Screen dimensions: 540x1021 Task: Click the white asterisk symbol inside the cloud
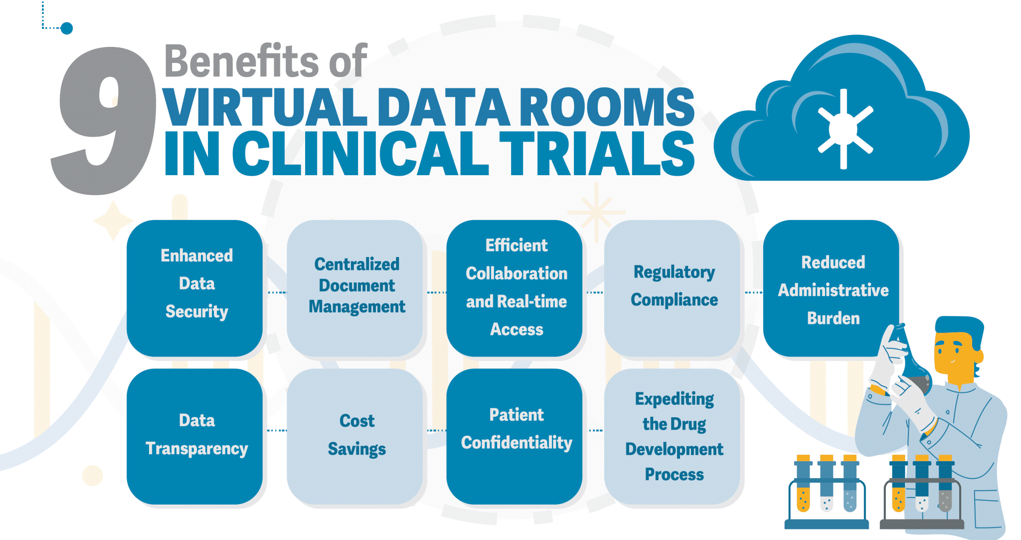coord(844,129)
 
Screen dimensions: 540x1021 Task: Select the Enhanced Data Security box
coord(195,288)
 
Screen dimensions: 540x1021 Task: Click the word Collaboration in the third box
coord(516,273)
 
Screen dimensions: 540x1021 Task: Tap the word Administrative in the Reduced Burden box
coord(833,290)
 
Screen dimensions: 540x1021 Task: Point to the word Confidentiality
coord(516,443)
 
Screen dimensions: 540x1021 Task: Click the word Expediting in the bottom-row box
coord(674,399)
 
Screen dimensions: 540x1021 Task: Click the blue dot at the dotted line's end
coord(66,28)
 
